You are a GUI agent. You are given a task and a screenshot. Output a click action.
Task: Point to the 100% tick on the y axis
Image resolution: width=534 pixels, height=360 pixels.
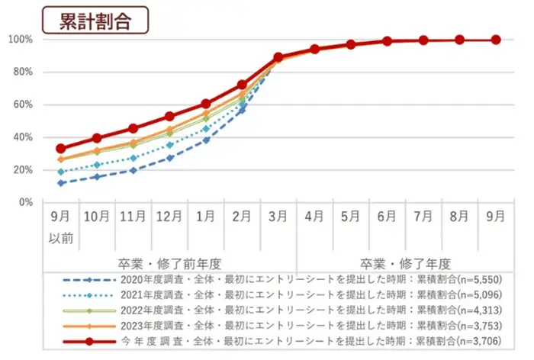20,40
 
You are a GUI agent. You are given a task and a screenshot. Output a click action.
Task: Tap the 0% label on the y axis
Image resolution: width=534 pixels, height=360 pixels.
25,202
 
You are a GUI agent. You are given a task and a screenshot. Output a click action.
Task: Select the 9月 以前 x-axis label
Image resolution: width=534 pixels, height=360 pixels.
60,226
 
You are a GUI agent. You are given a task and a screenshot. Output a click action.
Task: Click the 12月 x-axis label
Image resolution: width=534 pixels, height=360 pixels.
169,217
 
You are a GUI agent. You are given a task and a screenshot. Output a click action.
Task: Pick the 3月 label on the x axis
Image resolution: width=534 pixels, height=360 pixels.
278,217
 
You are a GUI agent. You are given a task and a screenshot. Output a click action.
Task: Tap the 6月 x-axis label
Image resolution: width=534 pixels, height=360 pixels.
387,217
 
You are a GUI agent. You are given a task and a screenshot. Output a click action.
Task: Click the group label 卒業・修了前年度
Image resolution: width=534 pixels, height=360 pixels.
169,263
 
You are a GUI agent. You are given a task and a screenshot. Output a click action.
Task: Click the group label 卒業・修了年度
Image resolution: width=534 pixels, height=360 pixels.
405,263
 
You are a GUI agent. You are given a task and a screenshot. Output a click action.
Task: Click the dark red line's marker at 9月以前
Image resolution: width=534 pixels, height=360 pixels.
61,149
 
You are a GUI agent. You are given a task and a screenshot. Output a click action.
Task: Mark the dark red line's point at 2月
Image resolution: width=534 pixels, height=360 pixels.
242,85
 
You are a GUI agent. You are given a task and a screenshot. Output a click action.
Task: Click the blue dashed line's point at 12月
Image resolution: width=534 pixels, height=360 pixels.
169,158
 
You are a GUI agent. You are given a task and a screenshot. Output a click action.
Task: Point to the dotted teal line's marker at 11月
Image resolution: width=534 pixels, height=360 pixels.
133,158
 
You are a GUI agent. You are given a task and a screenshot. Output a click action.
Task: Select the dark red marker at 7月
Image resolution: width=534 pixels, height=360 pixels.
423,40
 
